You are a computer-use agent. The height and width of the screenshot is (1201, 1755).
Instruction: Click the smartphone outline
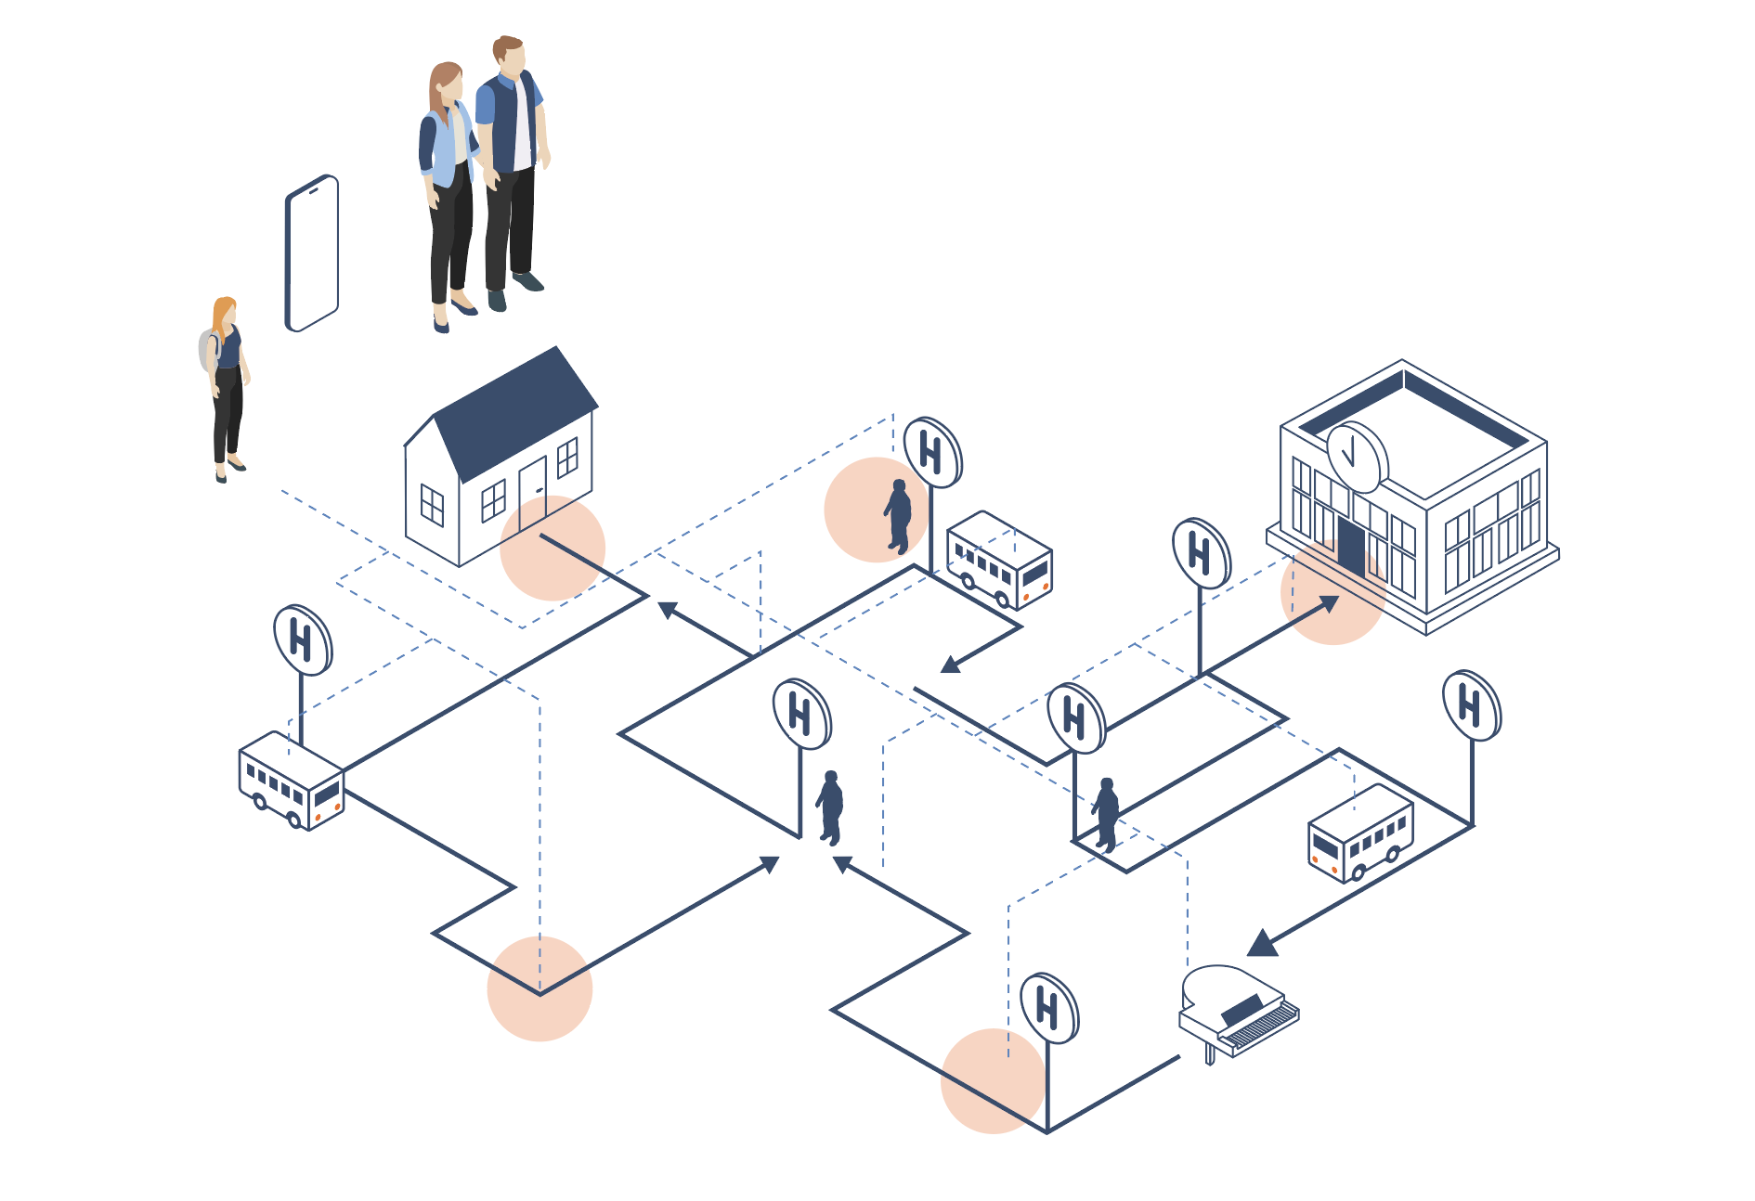(x=312, y=252)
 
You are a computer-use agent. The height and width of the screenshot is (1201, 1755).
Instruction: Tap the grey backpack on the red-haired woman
(x=208, y=350)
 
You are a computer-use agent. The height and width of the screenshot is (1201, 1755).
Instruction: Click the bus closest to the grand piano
(x=1360, y=832)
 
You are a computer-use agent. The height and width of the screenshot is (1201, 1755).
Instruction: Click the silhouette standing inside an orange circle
(x=898, y=516)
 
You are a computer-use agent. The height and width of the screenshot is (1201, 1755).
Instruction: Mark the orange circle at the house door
(x=552, y=548)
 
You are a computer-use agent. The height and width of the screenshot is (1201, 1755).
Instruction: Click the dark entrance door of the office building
(x=1351, y=548)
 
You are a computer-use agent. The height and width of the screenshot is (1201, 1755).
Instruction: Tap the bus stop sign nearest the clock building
(x=1201, y=554)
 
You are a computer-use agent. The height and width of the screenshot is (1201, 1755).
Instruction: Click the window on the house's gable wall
(x=432, y=505)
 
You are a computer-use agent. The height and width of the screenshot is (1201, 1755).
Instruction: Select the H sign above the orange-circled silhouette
(x=932, y=453)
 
